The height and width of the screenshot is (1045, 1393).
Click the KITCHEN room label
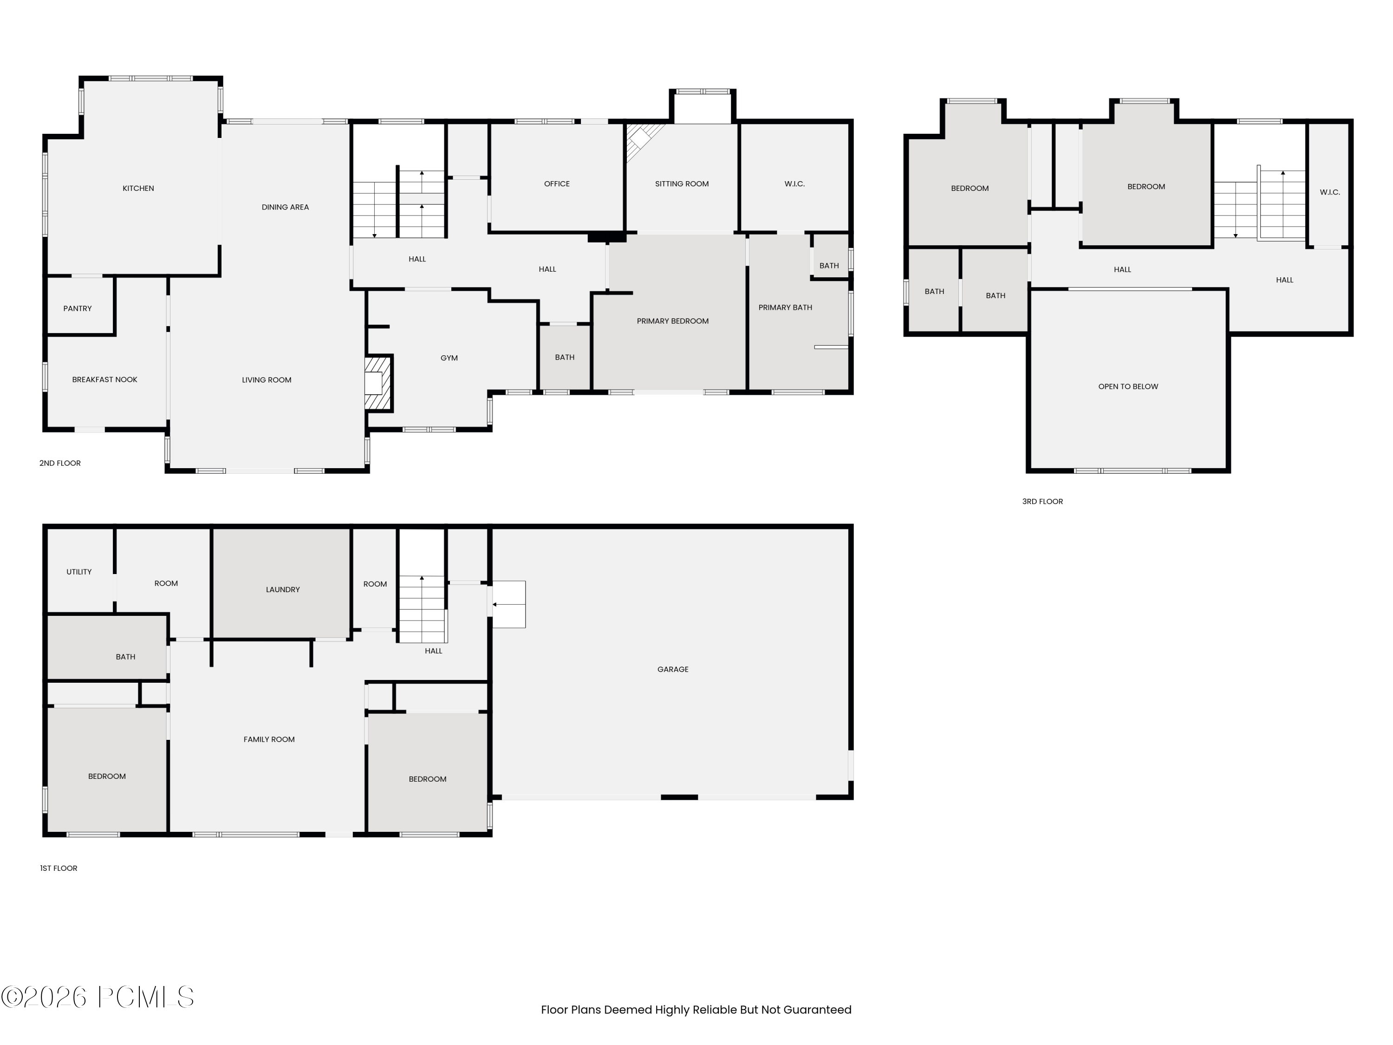coord(138,189)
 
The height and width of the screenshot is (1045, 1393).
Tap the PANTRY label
coord(78,309)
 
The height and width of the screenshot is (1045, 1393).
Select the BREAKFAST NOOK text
coord(104,380)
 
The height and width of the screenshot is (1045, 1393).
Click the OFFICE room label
coord(557,184)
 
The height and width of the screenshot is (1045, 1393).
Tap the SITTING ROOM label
coord(681,184)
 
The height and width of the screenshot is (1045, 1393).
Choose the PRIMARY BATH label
coord(785,307)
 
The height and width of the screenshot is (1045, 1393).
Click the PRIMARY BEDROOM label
coord(672,321)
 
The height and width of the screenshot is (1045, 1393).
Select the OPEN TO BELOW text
coord(1128,387)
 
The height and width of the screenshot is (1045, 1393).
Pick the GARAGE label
coord(672,670)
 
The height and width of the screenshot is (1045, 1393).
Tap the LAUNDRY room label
coord(283,589)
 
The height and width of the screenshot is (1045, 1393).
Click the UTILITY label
coord(79,572)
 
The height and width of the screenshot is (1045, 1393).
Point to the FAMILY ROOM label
coord(269,739)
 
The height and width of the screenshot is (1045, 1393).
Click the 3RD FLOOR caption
coord(1042,502)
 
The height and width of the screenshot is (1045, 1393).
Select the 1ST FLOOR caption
coord(59,868)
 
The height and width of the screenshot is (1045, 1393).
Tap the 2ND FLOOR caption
coord(60,463)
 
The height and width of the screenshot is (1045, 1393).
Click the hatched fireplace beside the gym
coord(378,384)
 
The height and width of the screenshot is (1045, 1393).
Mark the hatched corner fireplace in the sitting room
coord(642,140)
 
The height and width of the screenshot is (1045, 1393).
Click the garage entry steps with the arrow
coord(508,604)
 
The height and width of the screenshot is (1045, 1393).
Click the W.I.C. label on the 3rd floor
coord(1329,192)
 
